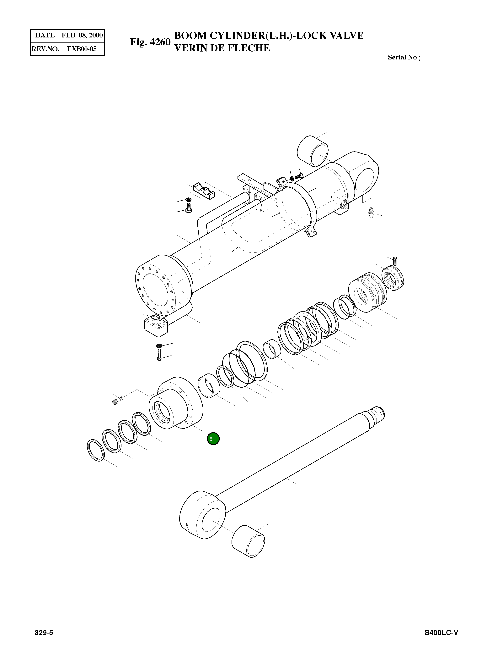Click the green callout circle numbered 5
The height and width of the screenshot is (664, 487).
(213, 439)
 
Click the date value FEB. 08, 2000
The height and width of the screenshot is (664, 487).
(82, 35)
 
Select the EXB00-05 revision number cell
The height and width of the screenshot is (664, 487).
(82, 49)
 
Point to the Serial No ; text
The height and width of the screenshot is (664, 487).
(404, 57)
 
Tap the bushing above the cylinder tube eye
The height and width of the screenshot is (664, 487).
(313, 151)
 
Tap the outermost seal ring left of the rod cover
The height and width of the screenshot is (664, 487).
(96, 450)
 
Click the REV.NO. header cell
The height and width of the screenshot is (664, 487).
(45, 49)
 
